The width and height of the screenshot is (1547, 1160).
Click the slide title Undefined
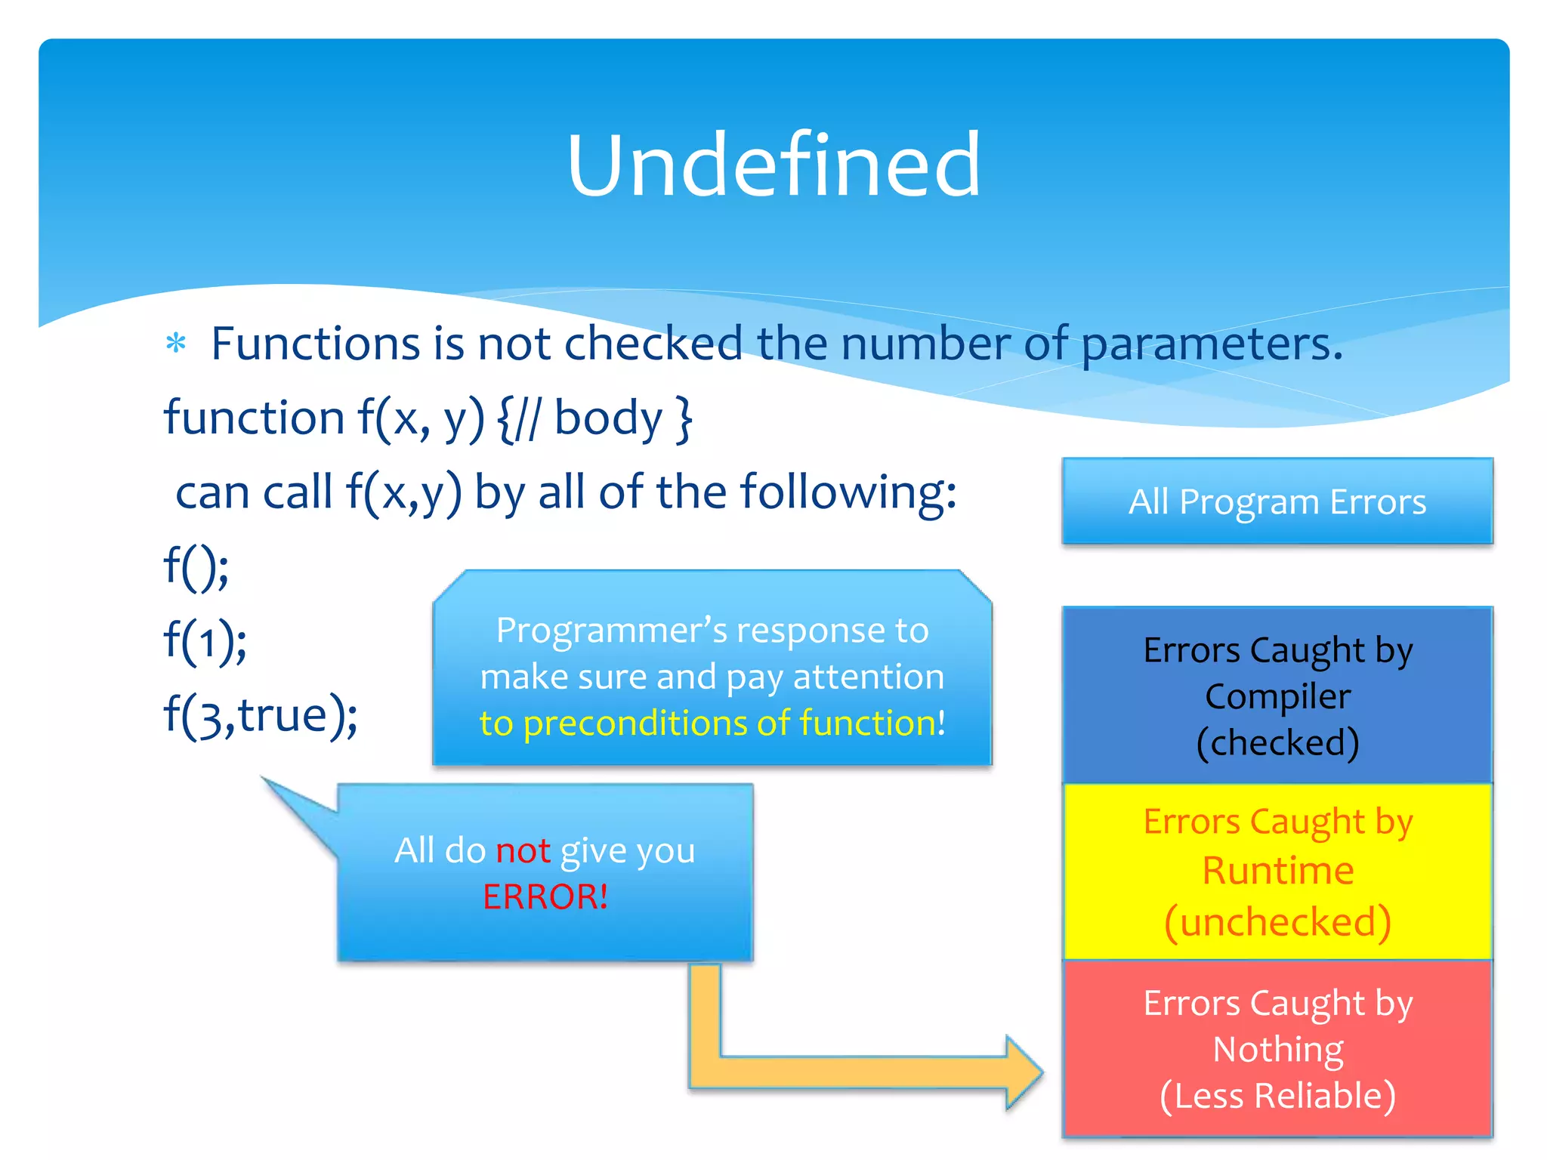pyautogui.click(x=773, y=166)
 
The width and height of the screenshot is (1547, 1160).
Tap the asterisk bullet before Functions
pyautogui.click(x=176, y=344)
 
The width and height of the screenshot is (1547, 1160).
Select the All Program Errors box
pyautogui.click(x=1277, y=501)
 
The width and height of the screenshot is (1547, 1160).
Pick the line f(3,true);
pyautogui.click(x=261, y=715)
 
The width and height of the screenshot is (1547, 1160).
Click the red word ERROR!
pyautogui.click(x=545, y=897)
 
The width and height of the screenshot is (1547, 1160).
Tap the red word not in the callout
pyautogui.click(x=522, y=851)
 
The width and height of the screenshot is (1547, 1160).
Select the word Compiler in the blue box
pyautogui.click(x=1277, y=696)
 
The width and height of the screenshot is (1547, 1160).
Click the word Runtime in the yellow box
pyautogui.click(x=1277, y=871)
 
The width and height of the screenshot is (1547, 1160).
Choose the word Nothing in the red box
pyautogui.click(x=1277, y=1050)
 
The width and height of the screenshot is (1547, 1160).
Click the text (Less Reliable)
pyautogui.click(x=1277, y=1096)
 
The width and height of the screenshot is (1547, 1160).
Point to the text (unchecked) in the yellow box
pyautogui.click(x=1277, y=922)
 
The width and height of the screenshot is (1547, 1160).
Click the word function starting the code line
pyautogui.click(x=255, y=418)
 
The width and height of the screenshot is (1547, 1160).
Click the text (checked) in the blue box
pyautogui.click(x=1277, y=743)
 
